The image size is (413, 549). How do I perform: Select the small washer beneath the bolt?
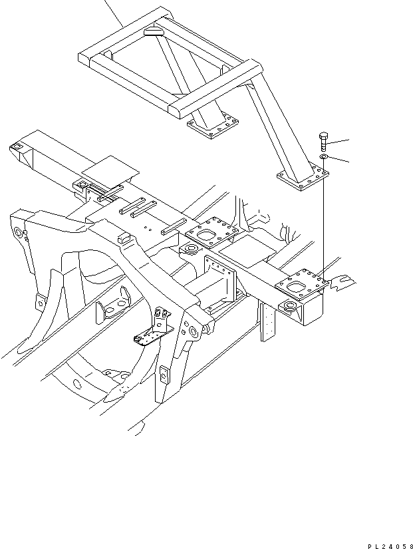coord(323,156)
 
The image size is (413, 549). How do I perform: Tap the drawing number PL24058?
coord(390,546)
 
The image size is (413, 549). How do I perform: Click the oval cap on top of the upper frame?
coord(153,32)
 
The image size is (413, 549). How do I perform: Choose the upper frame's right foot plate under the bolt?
coord(303,178)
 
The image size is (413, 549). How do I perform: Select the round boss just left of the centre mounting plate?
coord(191,250)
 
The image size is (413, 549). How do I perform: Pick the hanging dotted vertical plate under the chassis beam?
coord(268,321)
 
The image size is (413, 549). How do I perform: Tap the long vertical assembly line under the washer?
coord(324,220)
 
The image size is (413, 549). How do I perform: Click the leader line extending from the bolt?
coord(338,142)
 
